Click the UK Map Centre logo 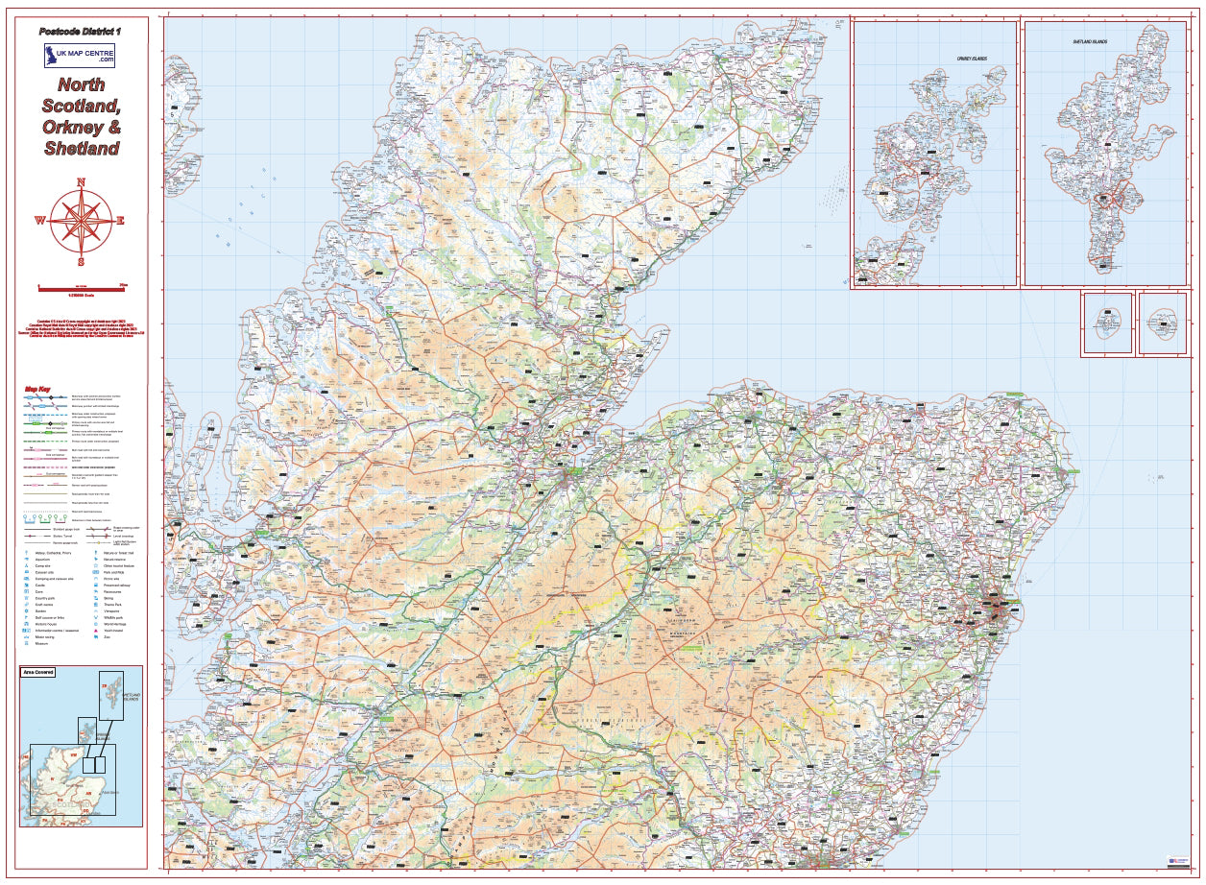pos(79,54)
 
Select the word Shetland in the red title pos(82,148)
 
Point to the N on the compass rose pos(82,181)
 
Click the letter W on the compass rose pos(39,221)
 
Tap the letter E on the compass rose pos(121,221)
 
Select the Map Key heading pos(37,390)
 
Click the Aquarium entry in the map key pos(41,560)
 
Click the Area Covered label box pos(37,672)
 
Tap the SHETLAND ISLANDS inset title pos(1090,42)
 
